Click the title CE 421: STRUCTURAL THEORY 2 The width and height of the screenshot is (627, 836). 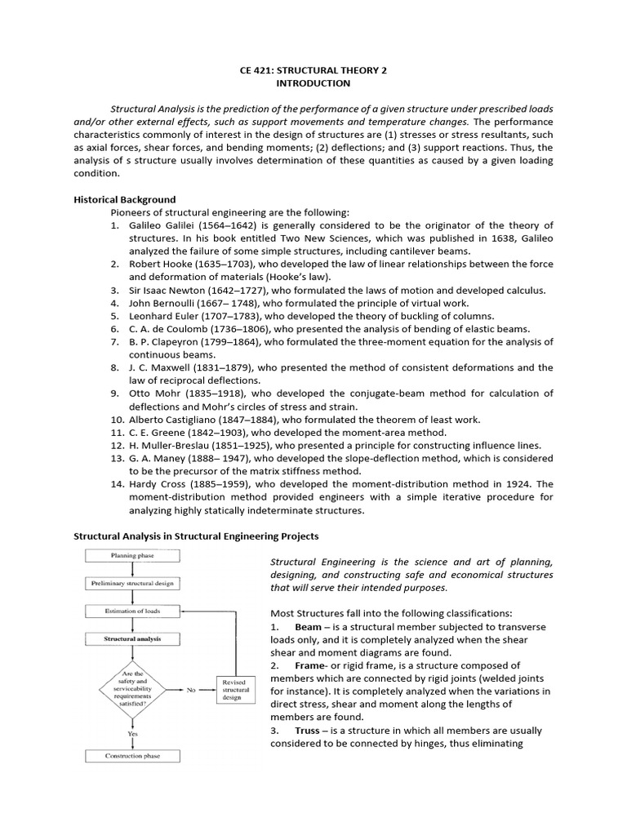(313, 70)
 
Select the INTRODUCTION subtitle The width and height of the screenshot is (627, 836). (313, 83)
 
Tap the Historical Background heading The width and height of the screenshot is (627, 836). (124, 199)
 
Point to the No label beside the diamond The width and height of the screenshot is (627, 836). (191, 690)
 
